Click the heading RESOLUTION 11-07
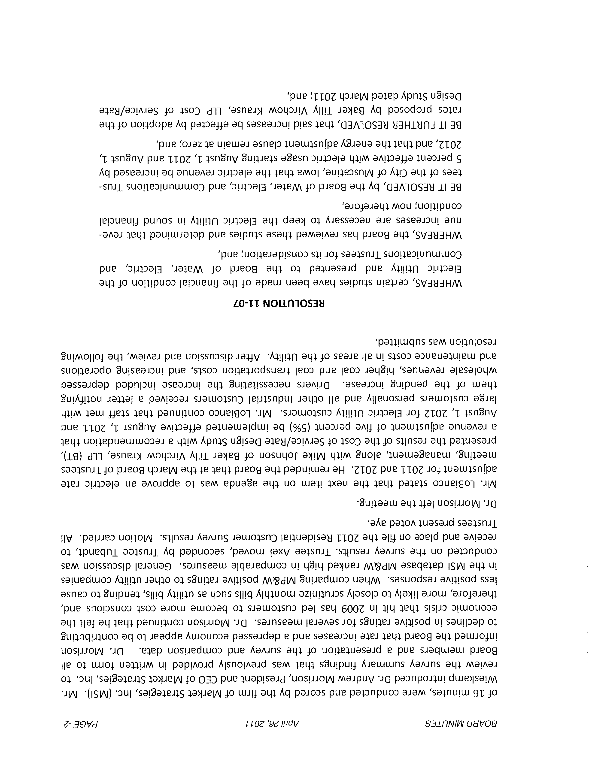pos(279,303)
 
